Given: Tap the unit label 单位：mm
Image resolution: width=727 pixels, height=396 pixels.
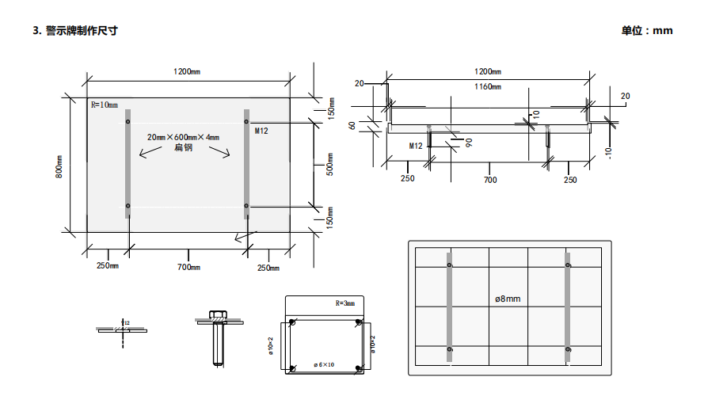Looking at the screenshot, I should pos(646,31).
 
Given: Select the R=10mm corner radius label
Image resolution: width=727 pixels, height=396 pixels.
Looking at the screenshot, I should pos(104,105).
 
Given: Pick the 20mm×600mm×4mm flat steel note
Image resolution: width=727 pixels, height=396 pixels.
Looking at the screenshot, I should pos(183,137).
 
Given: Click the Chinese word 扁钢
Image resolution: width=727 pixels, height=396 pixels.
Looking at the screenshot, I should pos(183,148).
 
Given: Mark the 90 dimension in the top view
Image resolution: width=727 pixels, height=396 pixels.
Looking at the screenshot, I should pos(469,143).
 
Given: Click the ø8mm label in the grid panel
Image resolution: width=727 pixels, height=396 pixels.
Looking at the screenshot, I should pos(508,299).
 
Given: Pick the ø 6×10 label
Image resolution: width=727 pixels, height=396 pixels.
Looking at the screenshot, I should pos(325,364).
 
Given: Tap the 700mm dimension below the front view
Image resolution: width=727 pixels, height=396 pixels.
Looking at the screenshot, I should pos(188,267).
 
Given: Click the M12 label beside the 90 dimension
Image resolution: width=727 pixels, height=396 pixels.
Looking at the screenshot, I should pos(416,147).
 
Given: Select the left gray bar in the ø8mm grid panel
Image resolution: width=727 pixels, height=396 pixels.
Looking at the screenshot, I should pos(450,307).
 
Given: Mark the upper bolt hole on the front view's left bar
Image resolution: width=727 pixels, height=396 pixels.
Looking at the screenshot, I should pos(128,121).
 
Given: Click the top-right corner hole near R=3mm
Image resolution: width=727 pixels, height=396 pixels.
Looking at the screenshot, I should pos(359,324).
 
